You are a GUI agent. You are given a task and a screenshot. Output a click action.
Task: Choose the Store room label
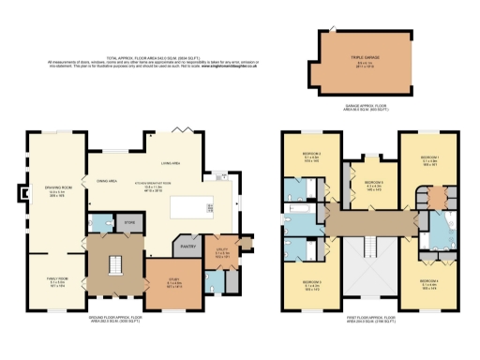point(130,223)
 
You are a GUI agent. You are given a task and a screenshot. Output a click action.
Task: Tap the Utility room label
point(222,249)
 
